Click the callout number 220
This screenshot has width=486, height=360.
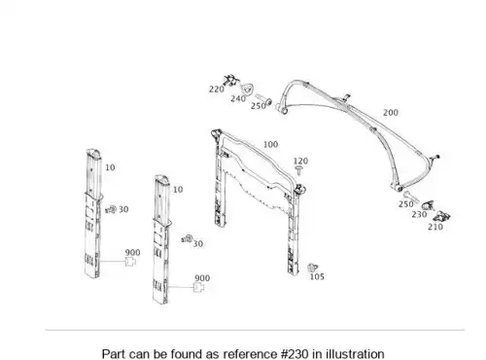point(217,89)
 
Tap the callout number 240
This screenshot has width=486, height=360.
point(238,98)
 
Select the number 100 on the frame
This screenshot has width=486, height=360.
point(270,144)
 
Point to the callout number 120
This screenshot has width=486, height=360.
point(300,161)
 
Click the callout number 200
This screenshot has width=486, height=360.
point(391,113)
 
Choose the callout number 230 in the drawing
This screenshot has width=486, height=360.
point(419,214)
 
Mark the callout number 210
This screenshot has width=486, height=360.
point(435,227)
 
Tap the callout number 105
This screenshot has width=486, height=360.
point(317,276)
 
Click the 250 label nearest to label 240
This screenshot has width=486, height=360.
point(259,106)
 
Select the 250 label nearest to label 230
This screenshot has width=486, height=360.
point(406,204)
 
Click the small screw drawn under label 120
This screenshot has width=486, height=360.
point(299,170)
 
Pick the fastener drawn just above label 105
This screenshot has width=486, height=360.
point(312,268)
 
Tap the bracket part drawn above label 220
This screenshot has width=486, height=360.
point(231,80)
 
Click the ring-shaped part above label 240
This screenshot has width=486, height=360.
point(247,88)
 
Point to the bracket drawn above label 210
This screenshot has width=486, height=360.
point(441,216)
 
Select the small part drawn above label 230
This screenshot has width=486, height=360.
point(428,205)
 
